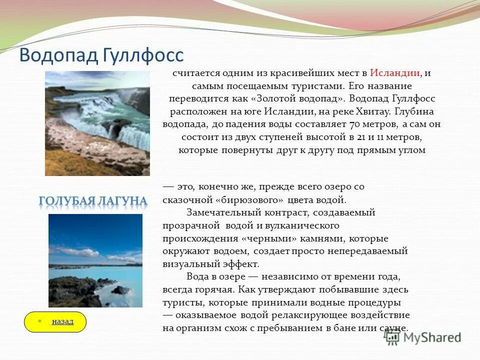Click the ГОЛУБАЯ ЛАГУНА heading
[x=93, y=201]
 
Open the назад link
[x=62, y=321]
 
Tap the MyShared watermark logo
[x=422, y=337]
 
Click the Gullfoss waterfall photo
[x=97, y=123]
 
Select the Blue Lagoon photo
[x=95, y=260]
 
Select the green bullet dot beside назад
[x=39, y=321]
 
